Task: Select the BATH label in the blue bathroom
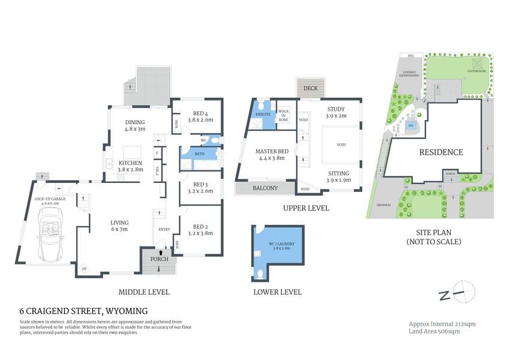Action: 198,154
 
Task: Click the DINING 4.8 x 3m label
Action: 135,125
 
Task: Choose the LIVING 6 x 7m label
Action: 120,226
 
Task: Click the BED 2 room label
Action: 201,229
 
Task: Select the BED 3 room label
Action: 201,188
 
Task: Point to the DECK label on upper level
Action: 311,89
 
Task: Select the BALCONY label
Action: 264,188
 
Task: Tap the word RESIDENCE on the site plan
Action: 440,152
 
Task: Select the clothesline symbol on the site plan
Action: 477,64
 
